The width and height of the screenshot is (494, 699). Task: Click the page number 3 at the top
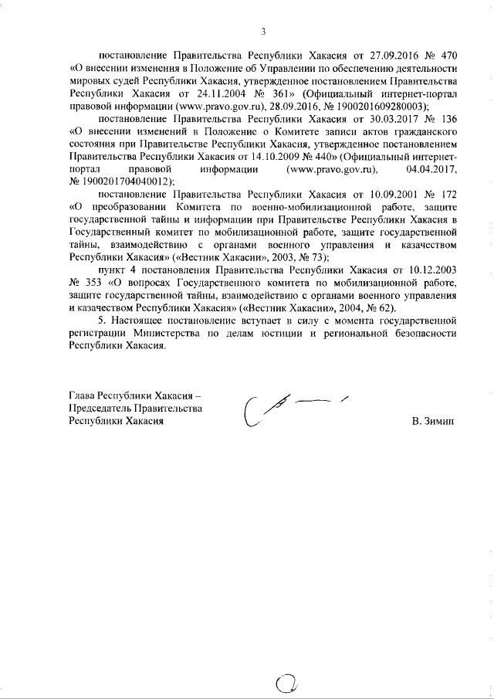[263, 32]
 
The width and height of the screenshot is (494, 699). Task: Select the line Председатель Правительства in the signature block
[136, 409]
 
